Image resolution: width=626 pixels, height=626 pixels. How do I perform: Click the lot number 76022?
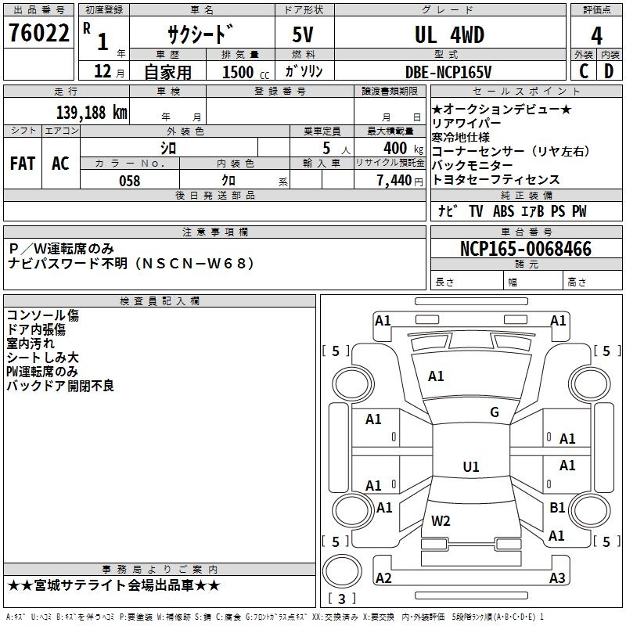[x=38, y=33]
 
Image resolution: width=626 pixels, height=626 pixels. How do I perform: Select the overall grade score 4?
[x=596, y=36]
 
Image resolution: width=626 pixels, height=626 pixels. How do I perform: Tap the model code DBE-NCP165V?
[x=448, y=72]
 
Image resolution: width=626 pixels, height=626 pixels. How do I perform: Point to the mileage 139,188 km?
[x=92, y=112]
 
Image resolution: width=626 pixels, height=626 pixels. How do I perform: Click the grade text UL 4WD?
[x=449, y=34]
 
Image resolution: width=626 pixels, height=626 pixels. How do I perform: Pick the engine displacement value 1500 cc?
[x=246, y=72]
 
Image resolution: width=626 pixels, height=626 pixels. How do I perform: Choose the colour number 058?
[x=130, y=181]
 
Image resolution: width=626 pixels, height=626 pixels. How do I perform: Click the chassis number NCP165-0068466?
[x=526, y=249]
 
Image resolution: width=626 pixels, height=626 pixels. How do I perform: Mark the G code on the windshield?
[x=495, y=412]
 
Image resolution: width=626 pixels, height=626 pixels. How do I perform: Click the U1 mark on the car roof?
[x=471, y=466]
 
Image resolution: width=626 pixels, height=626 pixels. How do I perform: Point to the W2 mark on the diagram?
[x=441, y=521]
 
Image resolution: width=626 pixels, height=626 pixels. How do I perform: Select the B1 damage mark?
[x=557, y=507]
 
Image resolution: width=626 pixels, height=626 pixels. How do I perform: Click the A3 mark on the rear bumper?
[x=557, y=577]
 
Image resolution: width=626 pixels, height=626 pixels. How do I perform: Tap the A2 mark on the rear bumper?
[x=383, y=577]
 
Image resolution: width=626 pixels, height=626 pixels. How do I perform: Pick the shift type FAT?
[x=23, y=164]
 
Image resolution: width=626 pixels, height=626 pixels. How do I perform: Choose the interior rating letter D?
[x=609, y=71]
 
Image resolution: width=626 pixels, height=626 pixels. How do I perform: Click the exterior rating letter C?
[x=584, y=71]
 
